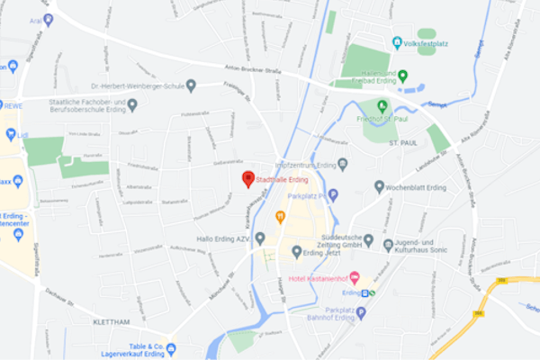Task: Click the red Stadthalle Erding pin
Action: (248, 179)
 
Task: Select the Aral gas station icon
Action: (48, 19)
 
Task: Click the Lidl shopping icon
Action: (11, 134)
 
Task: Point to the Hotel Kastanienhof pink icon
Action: (354, 276)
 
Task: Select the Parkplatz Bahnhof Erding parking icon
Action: (361, 313)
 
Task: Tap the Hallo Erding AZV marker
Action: (260, 238)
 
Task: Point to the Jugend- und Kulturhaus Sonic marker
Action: (388, 245)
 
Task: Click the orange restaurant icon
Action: (280, 216)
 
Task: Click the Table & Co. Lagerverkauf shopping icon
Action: (171, 348)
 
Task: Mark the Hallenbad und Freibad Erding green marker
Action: (403, 76)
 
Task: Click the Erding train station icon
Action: (370, 292)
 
